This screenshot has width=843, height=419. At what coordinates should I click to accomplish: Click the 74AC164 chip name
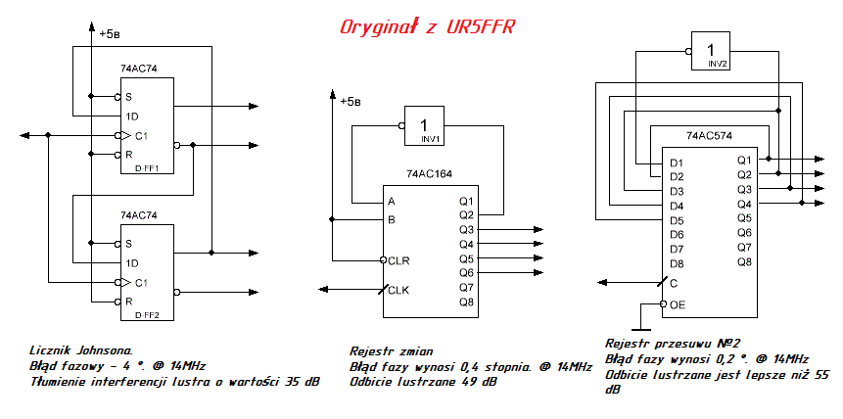coord(430,173)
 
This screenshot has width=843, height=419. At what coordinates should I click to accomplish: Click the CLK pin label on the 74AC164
coord(398,289)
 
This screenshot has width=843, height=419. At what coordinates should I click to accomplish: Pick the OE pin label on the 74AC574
coord(678,304)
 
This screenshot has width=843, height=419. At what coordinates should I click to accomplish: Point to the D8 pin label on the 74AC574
coord(677,263)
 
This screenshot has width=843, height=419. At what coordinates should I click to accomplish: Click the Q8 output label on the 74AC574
coord(744,261)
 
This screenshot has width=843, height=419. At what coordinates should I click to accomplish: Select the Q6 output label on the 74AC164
coord(466,272)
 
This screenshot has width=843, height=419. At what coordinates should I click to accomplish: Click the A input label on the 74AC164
coord(392,202)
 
